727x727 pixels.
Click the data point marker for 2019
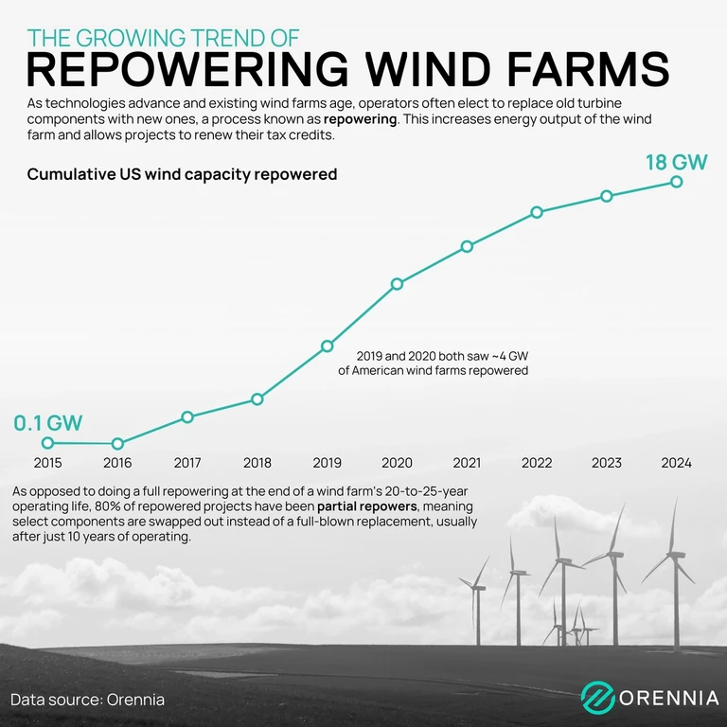[328, 346]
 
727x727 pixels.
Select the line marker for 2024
[677, 181]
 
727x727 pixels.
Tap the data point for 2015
[47, 443]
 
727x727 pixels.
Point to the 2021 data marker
[467, 246]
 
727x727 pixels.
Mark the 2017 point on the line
[187, 417]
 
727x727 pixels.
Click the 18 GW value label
[676, 161]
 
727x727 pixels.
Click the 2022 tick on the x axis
[537, 463]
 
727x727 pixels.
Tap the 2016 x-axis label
[117, 463]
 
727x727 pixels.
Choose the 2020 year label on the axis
[397, 463]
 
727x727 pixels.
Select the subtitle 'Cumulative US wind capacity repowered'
[182, 174]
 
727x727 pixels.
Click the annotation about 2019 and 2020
[434, 363]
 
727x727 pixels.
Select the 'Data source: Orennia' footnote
[88, 700]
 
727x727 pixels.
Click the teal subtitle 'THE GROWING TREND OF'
[163, 38]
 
